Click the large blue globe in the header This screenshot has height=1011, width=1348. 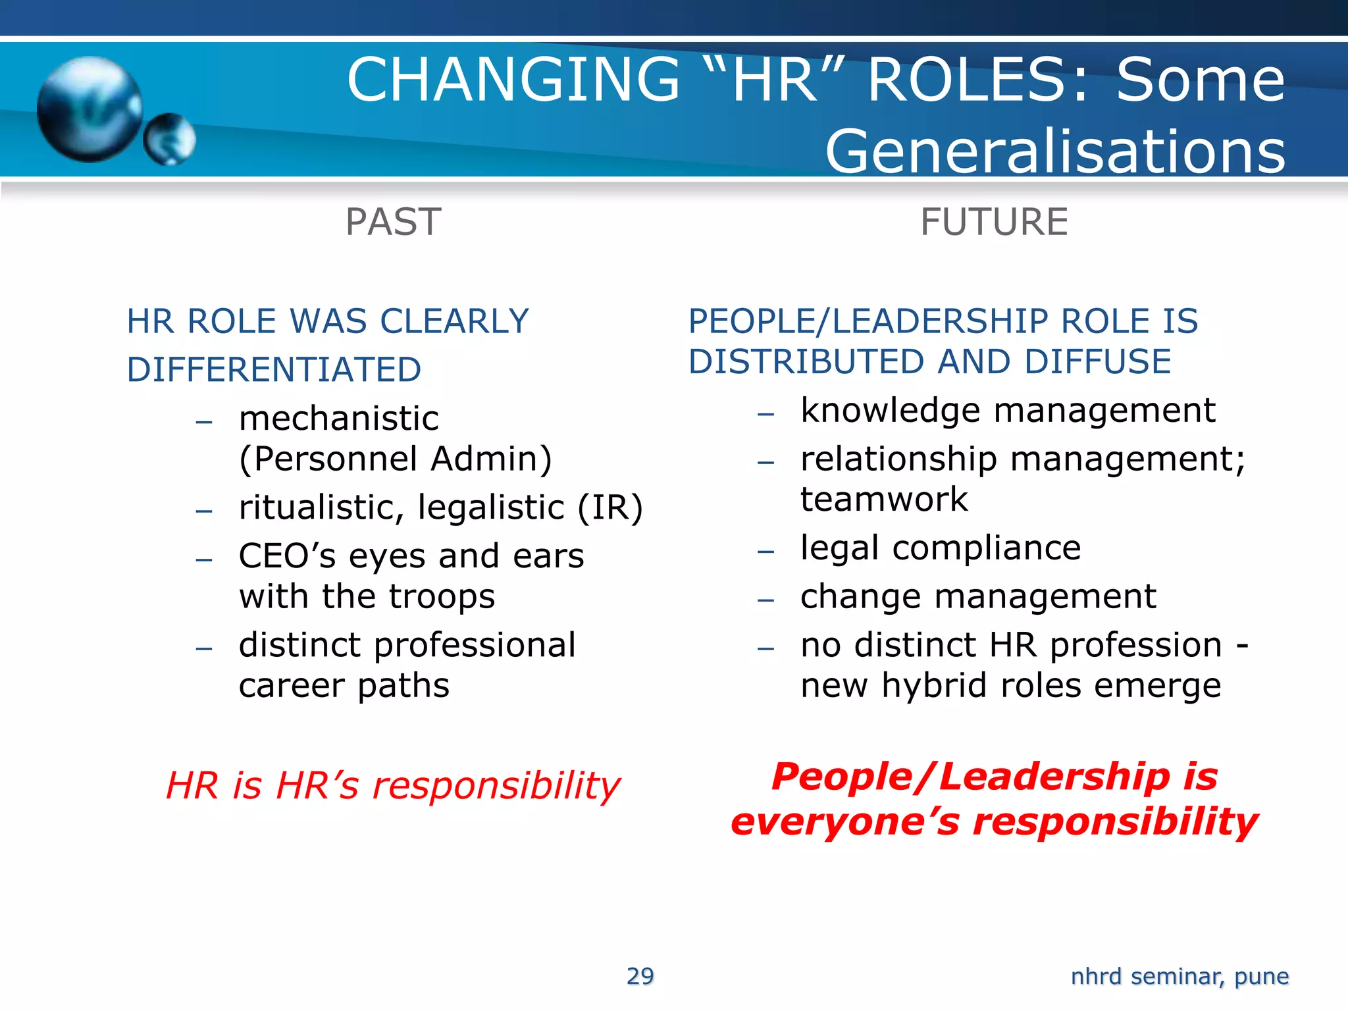point(90,109)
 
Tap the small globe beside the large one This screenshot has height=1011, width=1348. point(170,139)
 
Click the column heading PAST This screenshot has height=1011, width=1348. point(393,222)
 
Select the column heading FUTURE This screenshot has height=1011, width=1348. point(994,222)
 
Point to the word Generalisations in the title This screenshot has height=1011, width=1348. point(1055,151)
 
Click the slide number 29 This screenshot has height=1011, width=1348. point(640,976)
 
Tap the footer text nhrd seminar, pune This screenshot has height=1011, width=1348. point(1179,976)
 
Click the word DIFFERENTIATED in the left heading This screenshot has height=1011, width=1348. point(274,369)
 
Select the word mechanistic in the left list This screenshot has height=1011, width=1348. point(339,419)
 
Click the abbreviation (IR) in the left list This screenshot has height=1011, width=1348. point(610,507)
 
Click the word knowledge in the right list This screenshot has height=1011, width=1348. point(890,411)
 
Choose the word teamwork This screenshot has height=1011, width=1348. point(884,499)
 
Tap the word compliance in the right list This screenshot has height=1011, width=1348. point(987,548)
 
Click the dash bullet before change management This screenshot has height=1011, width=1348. point(765,600)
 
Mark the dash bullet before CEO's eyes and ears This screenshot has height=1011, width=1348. point(204,559)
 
